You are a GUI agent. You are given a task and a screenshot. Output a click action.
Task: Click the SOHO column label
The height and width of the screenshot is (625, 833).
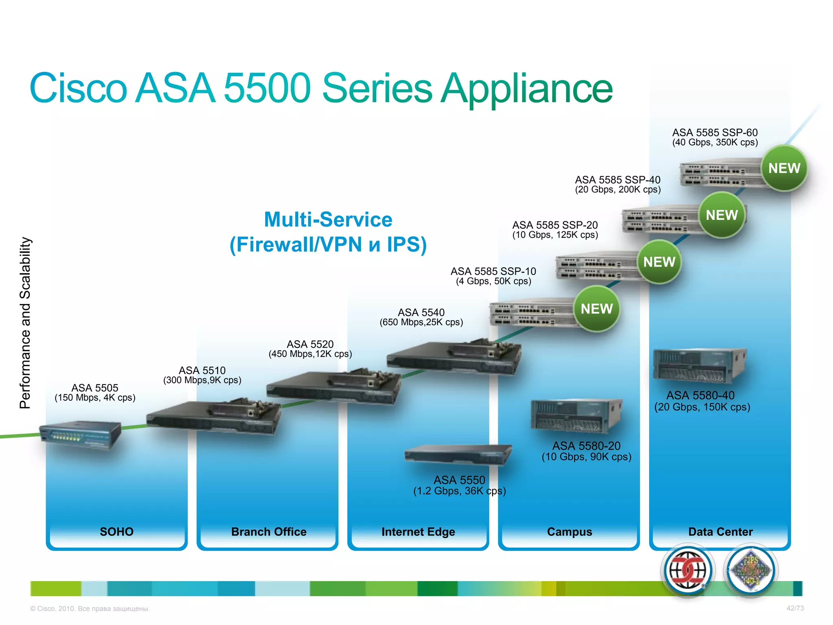(117, 531)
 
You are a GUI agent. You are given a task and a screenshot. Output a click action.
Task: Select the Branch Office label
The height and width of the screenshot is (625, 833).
(268, 531)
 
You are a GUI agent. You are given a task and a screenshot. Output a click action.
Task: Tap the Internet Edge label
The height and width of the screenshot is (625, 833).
(418, 531)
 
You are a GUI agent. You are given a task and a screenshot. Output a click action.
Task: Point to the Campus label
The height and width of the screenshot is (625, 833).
(569, 531)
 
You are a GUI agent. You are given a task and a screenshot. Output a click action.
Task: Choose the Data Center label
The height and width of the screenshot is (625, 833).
(720, 531)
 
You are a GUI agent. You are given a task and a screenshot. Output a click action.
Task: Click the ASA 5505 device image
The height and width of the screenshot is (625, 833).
(81, 435)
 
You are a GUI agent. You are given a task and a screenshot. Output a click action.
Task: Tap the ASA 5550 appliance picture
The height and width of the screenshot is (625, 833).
(458, 454)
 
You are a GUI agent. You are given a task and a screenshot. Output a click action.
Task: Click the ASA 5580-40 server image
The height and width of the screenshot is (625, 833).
(699, 365)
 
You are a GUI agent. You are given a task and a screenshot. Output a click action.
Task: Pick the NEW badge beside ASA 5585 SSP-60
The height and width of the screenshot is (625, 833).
(784, 168)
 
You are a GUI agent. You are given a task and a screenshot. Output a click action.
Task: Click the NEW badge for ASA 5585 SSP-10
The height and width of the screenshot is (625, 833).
(596, 309)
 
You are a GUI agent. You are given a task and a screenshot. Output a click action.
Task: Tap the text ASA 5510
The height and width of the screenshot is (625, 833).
(202, 370)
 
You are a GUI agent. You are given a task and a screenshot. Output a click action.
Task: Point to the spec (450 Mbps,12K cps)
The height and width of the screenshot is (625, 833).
(310, 354)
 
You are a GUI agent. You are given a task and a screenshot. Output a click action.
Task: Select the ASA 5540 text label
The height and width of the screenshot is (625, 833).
(421, 312)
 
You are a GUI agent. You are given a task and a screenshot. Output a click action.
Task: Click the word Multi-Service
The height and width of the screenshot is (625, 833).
(328, 219)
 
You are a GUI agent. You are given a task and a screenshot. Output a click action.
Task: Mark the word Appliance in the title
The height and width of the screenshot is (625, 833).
(527, 89)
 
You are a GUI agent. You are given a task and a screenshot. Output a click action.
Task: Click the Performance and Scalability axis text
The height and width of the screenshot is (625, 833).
(25, 323)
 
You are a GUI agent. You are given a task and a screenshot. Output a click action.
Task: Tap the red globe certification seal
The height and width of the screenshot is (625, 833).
(687, 570)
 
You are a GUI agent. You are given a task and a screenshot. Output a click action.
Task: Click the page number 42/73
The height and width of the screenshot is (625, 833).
(795, 608)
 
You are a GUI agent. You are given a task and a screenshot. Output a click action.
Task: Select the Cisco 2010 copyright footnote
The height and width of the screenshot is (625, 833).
(90, 609)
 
